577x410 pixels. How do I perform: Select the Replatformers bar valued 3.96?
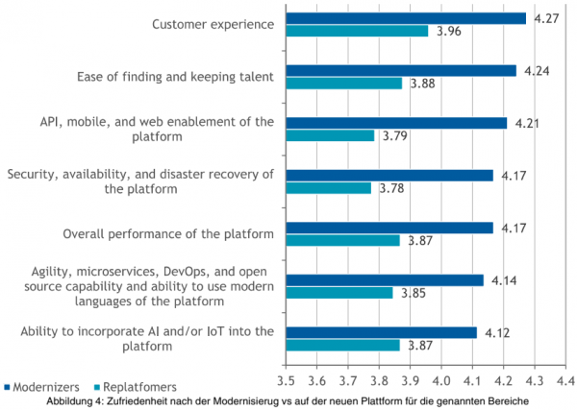357,31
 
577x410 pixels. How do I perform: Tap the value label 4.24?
537,69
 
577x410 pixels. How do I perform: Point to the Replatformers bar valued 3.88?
344,83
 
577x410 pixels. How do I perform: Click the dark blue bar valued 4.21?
396,122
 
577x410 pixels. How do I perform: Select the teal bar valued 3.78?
328,188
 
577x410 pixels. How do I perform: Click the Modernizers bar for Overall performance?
389,227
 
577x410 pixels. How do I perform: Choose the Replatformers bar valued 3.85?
339,293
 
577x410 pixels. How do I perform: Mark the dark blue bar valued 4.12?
381,332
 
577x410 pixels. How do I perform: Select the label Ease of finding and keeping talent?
175,76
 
